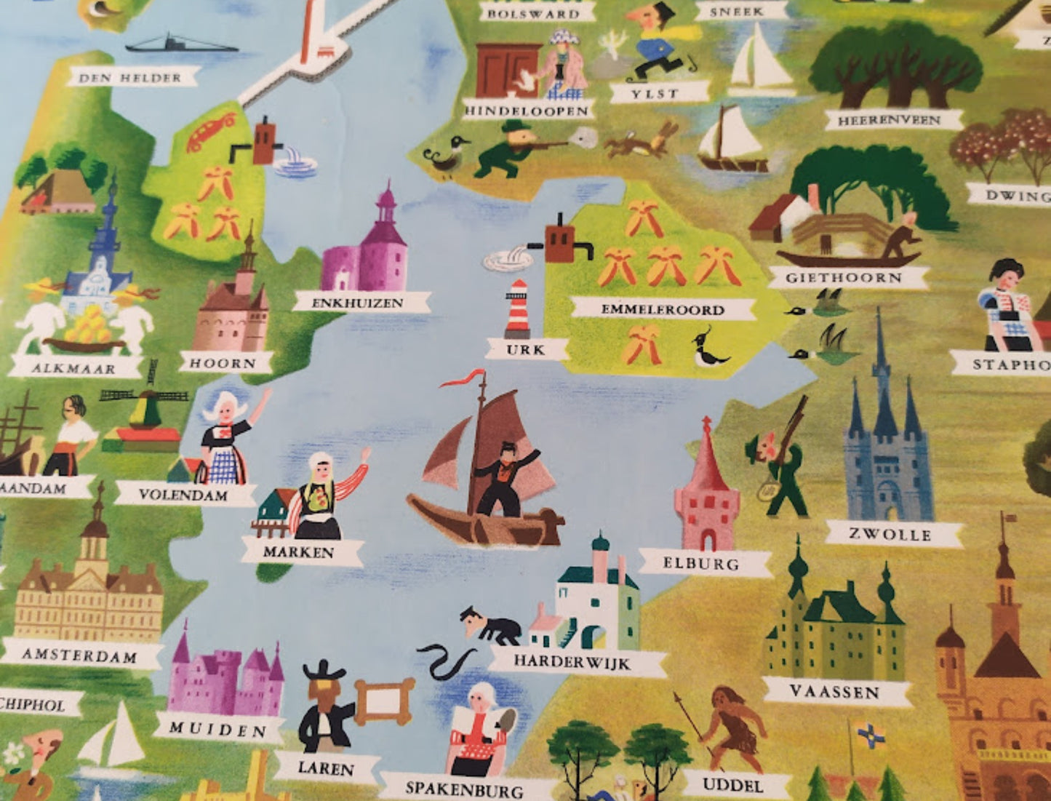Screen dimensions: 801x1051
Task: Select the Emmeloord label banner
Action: pyautogui.click(x=662, y=309)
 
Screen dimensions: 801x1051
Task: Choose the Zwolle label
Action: pyautogui.click(x=890, y=535)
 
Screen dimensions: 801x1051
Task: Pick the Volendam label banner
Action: pyautogui.click(x=183, y=495)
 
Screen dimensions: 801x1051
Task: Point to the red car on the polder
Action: pyautogui.click(x=210, y=132)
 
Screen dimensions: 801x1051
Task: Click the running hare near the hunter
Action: pyautogui.click(x=640, y=143)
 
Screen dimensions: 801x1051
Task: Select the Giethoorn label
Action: pyautogui.click(x=844, y=277)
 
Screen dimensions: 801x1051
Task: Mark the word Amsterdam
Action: pyautogui.click(x=79, y=655)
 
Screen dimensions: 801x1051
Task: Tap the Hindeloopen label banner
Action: pyautogui.click(x=527, y=111)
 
